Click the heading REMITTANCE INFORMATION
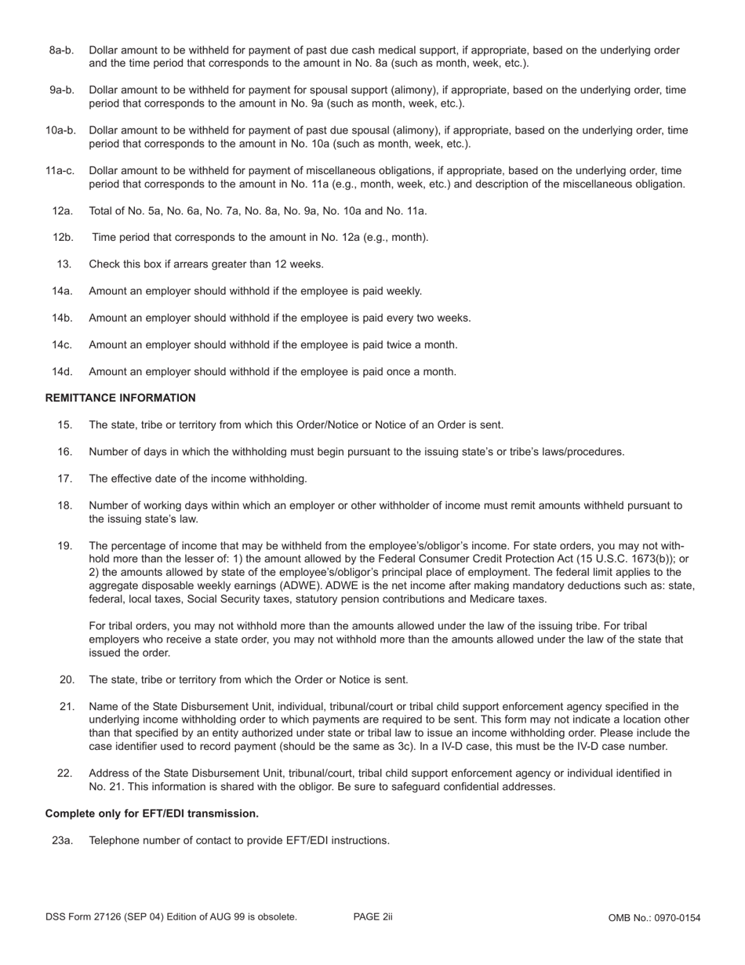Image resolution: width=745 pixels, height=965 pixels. pyautogui.click(x=120, y=398)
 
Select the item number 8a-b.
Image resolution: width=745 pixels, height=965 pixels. pyautogui.click(x=61, y=50)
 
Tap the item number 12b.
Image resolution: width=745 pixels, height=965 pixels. pyautogui.click(x=63, y=237)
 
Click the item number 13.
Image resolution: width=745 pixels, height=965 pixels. pyautogui.click(x=64, y=264)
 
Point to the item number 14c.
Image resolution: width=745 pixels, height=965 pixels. pyautogui.click(x=62, y=344)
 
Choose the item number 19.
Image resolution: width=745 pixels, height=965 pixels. pyautogui.click(x=65, y=546)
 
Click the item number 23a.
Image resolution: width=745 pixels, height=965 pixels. pyautogui.click(x=62, y=840)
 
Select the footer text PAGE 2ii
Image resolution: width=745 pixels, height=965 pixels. pyautogui.click(x=372, y=916)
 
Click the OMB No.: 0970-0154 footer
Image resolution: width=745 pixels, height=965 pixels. pyautogui.click(x=654, y=917)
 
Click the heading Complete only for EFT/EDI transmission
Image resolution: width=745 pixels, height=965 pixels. pyautogui.click(x=152, y=814)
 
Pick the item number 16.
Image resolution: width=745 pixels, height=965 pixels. pyautogui.click(x=65, y=452)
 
